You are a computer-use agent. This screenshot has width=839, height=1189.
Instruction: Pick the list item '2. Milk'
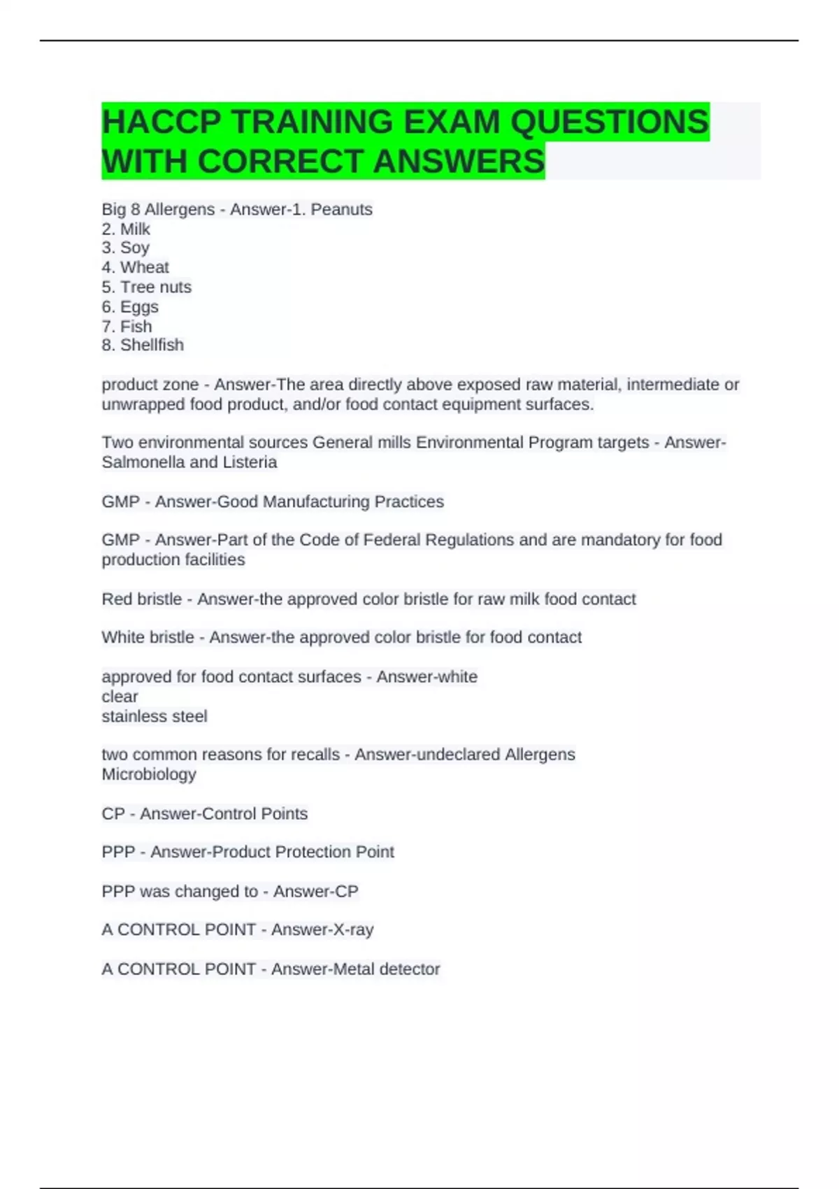126,229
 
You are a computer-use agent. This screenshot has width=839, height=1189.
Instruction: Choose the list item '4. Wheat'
136,267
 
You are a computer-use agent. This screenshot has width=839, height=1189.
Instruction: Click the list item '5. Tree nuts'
146,287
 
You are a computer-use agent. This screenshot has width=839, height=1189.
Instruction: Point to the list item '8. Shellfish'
143,345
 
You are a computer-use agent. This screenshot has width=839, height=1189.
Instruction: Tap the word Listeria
250,462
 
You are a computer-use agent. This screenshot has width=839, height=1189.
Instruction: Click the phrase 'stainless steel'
155,716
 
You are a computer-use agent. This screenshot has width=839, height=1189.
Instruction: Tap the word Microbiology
149,774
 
